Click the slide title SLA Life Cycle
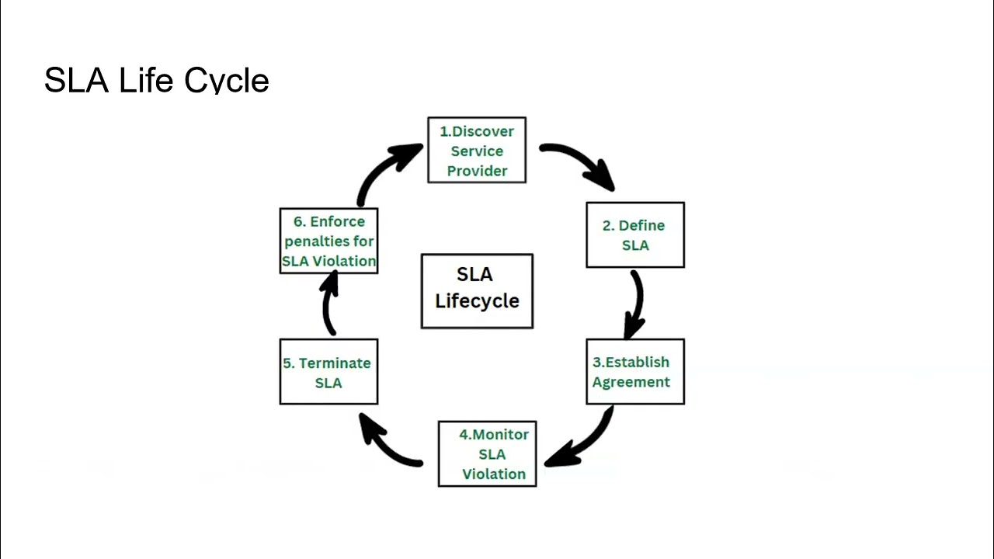pos(156,81)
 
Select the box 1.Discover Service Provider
pos(477,151)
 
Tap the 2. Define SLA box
pos(635,235)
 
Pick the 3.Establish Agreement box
pos(635,372)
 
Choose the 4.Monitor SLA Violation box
pos(488,454)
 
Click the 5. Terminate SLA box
pos(328,372)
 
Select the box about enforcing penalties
pos(328,241)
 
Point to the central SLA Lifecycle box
pos(477,291)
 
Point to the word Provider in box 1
pos(477,171)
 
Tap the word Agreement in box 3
pos(631,382)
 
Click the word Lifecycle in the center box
pos(477,301)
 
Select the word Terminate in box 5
pos(335,363)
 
